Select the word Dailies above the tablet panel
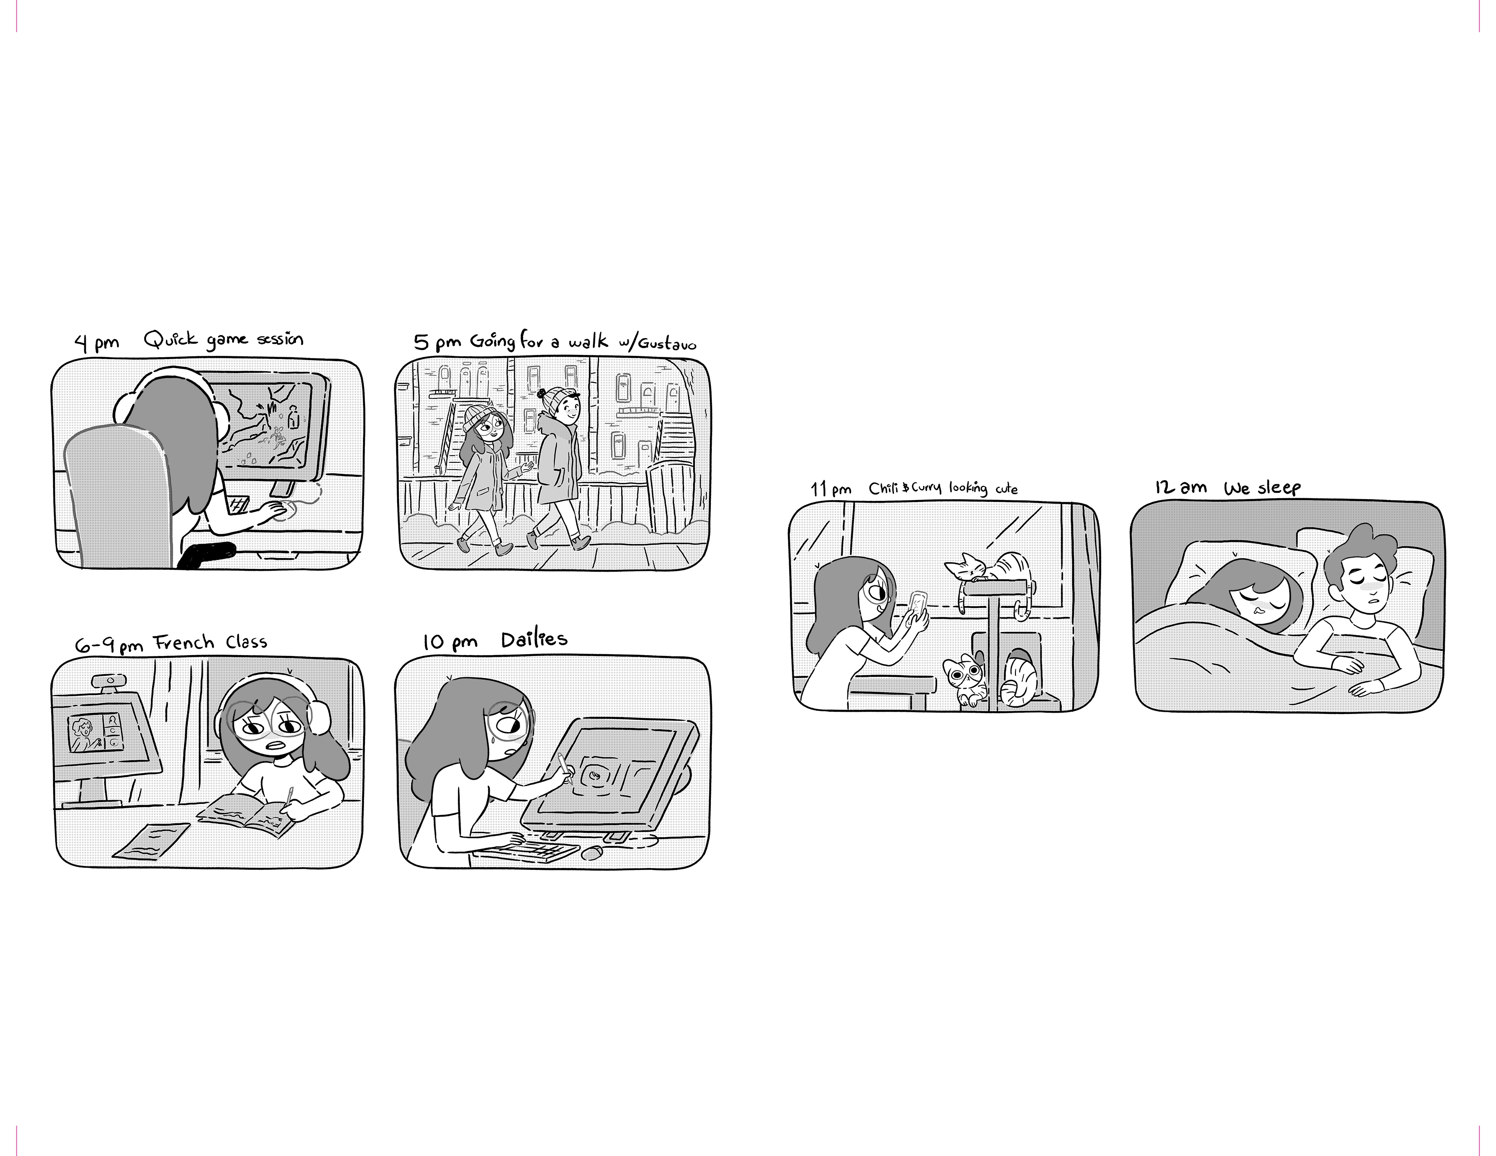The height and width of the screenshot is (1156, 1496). point(534,640)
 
